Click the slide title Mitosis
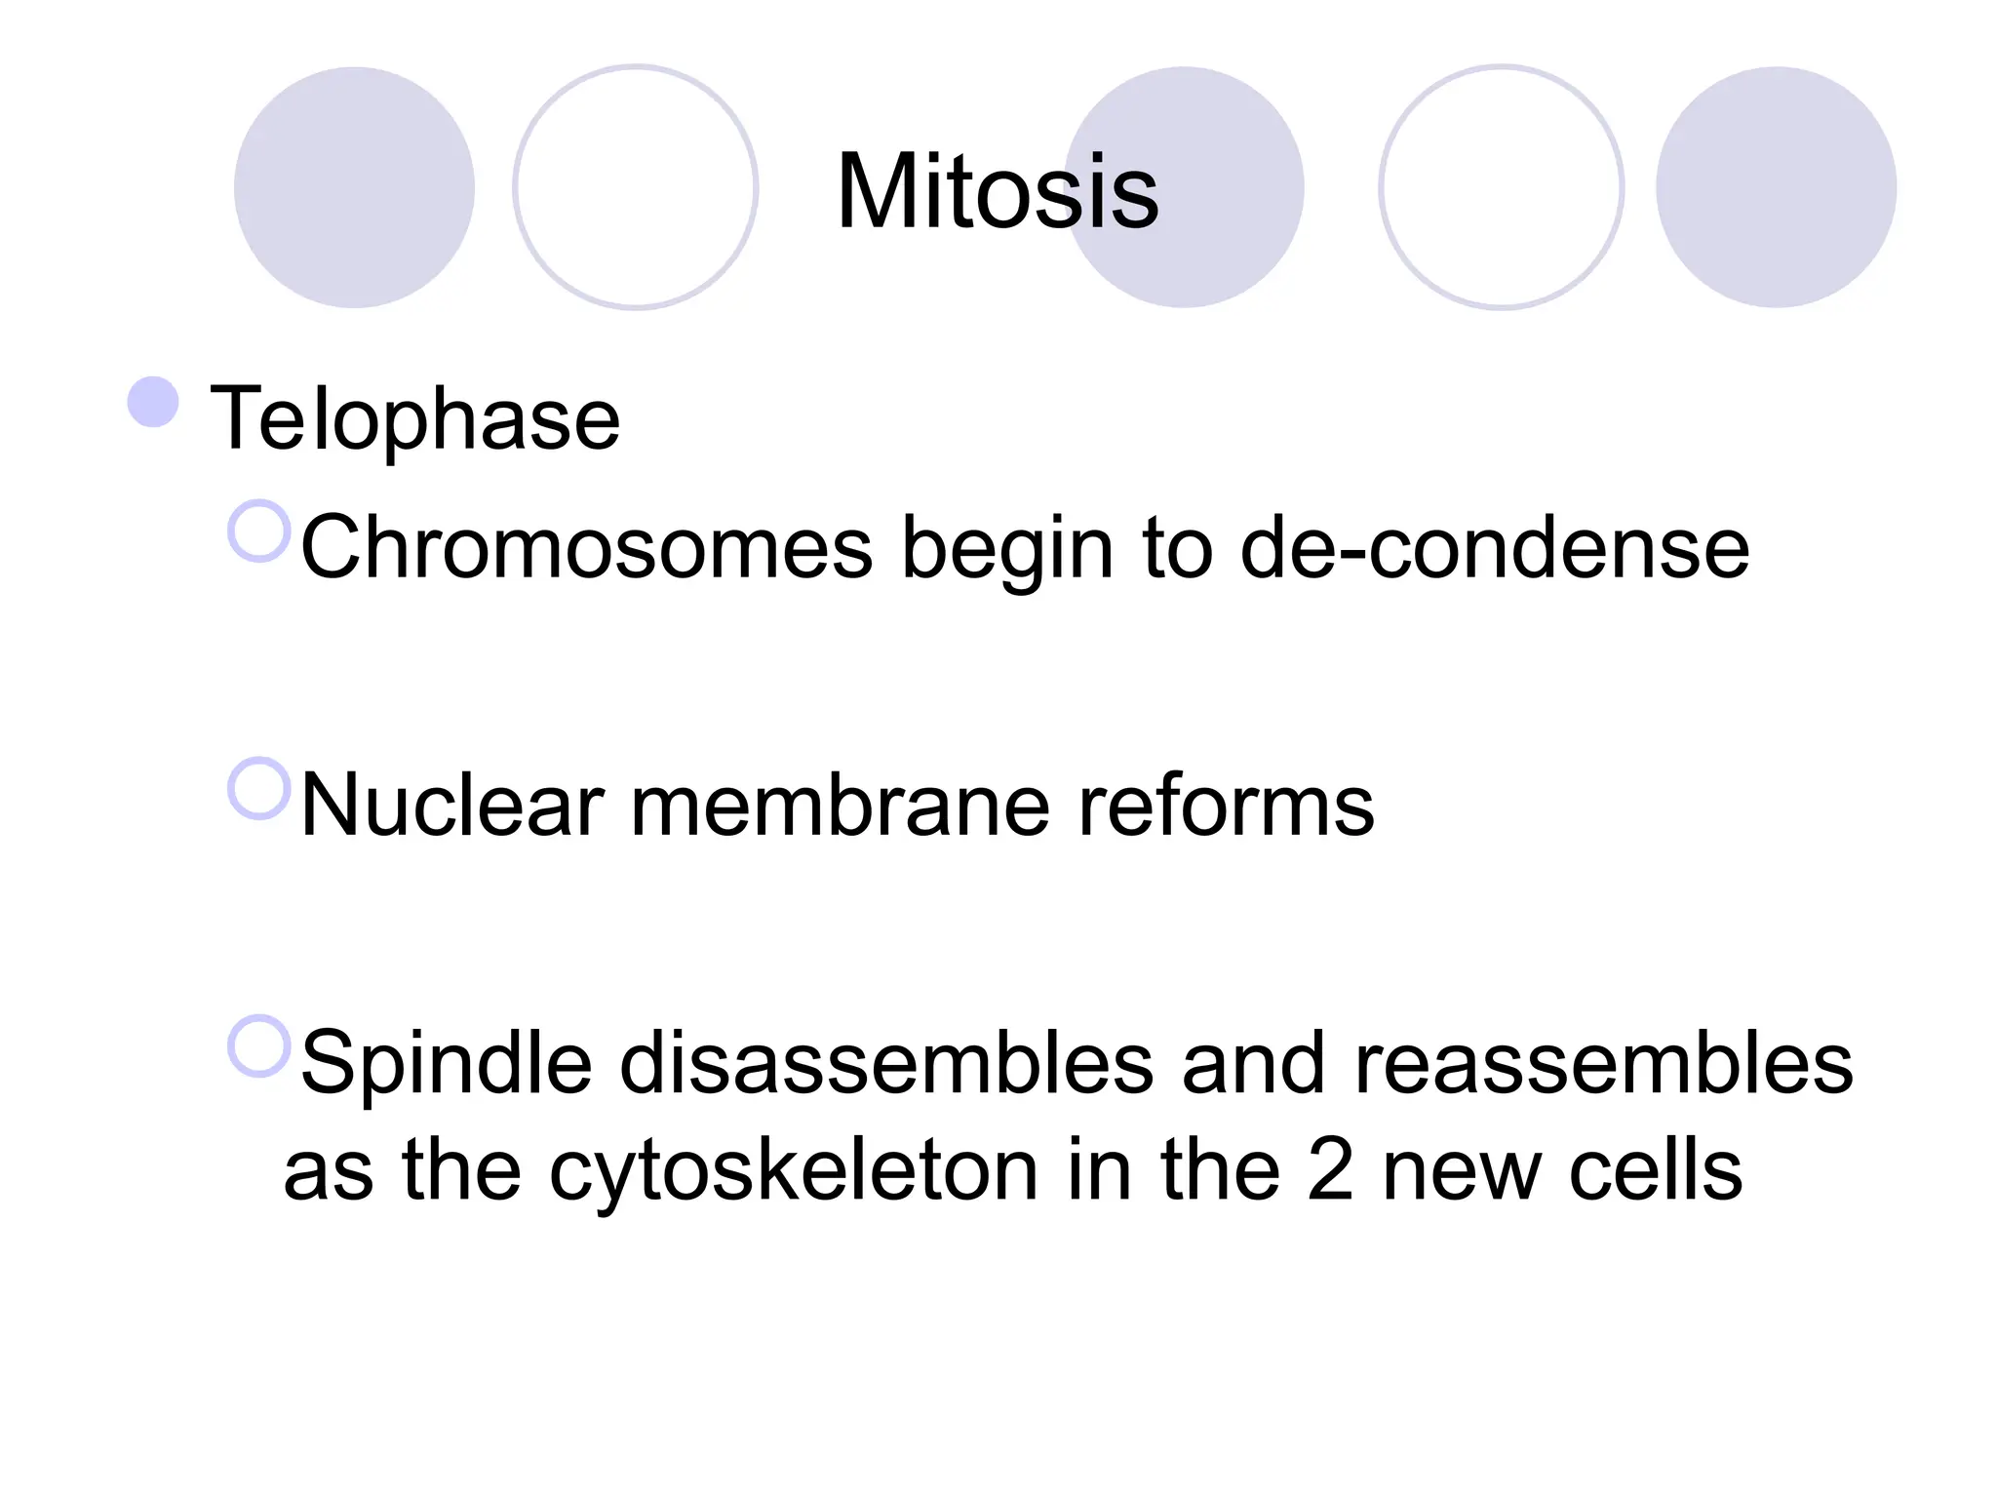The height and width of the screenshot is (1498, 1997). pyautogui.click(x=998, y=192)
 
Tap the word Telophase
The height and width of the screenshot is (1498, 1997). pyautogui.click(x=415, y=418)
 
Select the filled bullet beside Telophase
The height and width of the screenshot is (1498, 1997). pyautogui.click(x=153, y=402)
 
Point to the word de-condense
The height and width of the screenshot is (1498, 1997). pyautogui.click(x=1495, y=548)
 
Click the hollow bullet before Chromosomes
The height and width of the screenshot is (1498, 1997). pyautogui.click(x=259, y=532)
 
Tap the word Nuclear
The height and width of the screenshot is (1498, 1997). pyautogui.click(x=452, y=806)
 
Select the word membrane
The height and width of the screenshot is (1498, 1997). pyautogui.click(x=840, y=806)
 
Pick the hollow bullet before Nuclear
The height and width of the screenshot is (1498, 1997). pyautogui.click(x=259, y=788)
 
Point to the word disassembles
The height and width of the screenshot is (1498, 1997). pyautogui.click(x=886, y=1063)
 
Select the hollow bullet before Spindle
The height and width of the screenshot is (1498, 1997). pyautogui.click(x=259, y=1046)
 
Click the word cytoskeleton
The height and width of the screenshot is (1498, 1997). pyautogui.click(x=794, y=1170)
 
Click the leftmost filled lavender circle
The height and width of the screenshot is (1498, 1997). pyautogui.click(x=354, y=187)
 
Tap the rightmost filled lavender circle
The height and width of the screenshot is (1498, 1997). pyautogui.click(x=1776, y=187)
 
